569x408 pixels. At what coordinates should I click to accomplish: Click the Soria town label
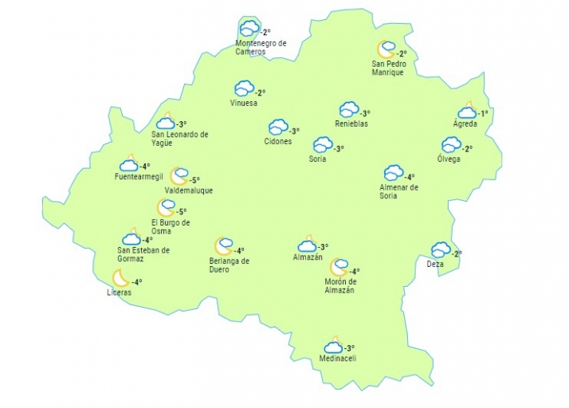[x=317, y=159]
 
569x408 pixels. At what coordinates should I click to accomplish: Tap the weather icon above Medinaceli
[x=333, y=347]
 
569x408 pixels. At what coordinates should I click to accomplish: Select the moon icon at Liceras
[x=120, y=277]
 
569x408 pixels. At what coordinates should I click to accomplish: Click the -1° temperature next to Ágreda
[x=482, y=114]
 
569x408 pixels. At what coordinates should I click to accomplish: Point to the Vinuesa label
[x=243, y=104]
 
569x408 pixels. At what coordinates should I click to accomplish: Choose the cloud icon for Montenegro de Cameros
[x=249, y=29]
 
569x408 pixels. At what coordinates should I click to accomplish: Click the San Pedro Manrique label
[x=388, y=68]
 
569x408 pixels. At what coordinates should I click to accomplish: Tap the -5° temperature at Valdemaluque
[x=194, y=180]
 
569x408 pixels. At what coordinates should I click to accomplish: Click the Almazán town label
[x=308, y=257]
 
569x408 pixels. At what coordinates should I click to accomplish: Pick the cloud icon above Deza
[x=440, y=249]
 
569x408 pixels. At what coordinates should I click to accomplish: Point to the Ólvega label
[x=449, y=159]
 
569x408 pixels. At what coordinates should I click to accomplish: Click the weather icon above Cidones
[x=277, y=127]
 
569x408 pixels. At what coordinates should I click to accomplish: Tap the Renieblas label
[x=351, y=124]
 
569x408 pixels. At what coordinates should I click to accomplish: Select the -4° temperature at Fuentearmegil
[x=144, y=167]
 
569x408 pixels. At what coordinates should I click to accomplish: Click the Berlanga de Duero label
[x=230, y=265]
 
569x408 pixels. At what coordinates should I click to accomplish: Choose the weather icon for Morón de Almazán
[x=339, y=267]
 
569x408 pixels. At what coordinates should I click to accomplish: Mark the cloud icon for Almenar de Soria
[x=393, y=173]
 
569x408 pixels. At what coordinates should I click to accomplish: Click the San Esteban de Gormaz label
[x=143, y=254]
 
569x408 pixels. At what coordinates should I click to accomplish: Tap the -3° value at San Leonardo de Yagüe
[x=181, y=124]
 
